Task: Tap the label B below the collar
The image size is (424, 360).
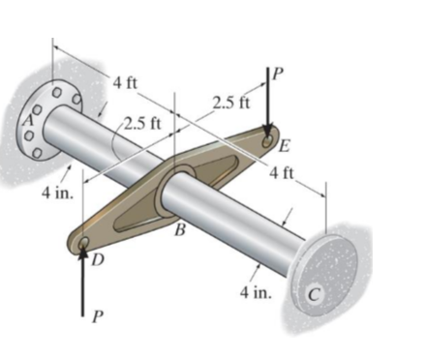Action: click(179, 229)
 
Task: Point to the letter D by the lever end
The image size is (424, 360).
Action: click(97, 259)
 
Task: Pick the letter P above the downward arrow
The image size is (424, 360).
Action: click(281, 73)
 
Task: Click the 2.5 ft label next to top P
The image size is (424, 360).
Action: click(230, 101)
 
